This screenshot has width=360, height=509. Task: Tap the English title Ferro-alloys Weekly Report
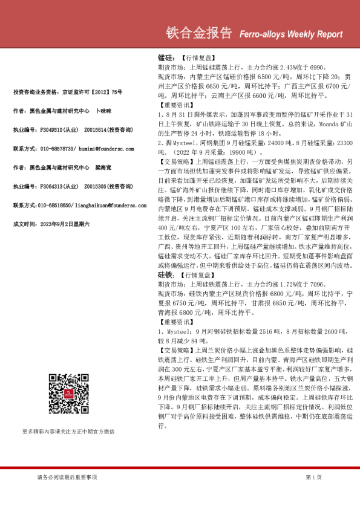290,34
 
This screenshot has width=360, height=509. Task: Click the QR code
68,394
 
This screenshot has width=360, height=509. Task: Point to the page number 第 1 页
314,477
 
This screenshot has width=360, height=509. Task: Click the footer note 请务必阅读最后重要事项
67,477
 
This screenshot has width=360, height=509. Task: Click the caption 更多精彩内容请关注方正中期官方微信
68,431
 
